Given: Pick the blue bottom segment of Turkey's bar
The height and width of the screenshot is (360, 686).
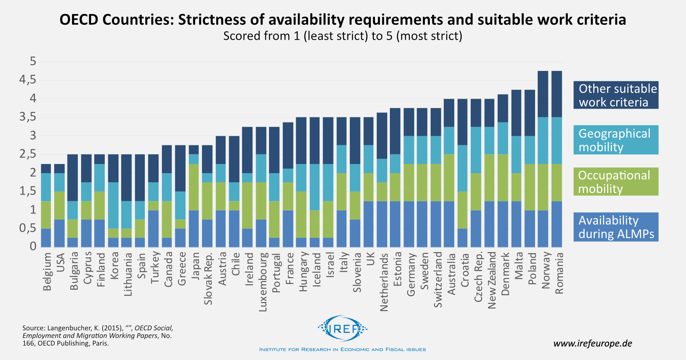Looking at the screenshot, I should pos(154,228).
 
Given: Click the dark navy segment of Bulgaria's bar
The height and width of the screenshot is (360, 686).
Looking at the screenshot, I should pos(73,177).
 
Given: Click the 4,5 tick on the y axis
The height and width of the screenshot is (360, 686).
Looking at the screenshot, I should pos(28,80).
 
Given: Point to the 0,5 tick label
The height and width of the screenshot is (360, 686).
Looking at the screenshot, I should pos(28,228).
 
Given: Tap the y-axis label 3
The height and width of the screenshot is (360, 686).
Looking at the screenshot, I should pos(33,136).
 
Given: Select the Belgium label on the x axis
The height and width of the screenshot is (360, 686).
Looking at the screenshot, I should pos(47,272).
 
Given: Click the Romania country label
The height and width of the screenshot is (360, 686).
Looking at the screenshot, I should pos(559,273).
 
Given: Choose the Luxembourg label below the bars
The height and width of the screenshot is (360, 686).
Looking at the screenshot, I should pos(263,282).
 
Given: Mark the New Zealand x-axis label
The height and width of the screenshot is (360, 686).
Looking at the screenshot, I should pos(492,280).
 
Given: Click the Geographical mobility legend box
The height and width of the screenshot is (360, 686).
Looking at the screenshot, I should pos(615,140).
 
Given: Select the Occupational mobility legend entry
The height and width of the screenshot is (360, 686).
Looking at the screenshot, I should pos(615,182).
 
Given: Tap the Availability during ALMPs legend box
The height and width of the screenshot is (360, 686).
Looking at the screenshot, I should pos(615,227).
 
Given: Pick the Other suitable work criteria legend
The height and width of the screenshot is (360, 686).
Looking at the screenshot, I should pos(615,95).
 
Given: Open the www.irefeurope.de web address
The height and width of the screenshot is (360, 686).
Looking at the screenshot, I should pos(592,343).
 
